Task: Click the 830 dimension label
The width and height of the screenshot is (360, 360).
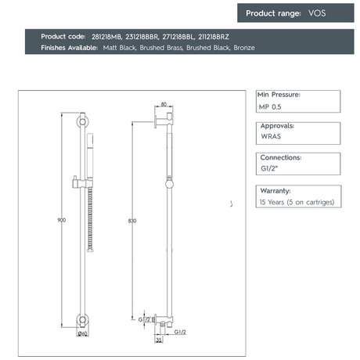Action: coord(132,221)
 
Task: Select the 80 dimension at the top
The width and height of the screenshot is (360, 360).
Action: coord(164,104)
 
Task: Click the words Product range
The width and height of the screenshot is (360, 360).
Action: coord(273,13)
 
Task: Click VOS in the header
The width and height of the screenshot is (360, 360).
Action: coord(318,13)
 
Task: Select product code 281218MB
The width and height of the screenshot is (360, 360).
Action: coord(106,37)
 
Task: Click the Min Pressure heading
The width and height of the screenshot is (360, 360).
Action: coord(279,94)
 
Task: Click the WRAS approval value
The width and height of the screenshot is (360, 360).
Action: coord(271,135)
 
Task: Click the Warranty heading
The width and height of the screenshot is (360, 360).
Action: coord(275,190)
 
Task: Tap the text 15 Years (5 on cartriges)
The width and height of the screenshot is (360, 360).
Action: coord(297,202)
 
